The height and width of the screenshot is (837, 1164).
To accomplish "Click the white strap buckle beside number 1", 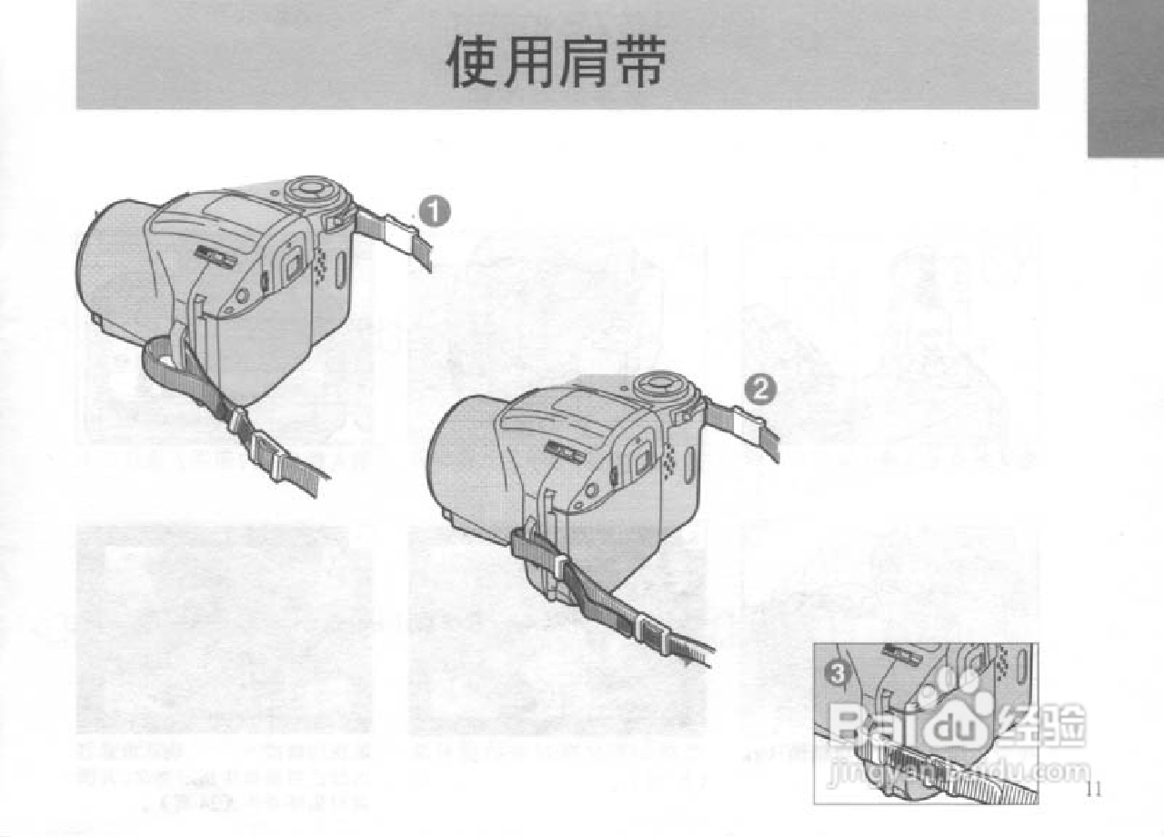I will point(398,234).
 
